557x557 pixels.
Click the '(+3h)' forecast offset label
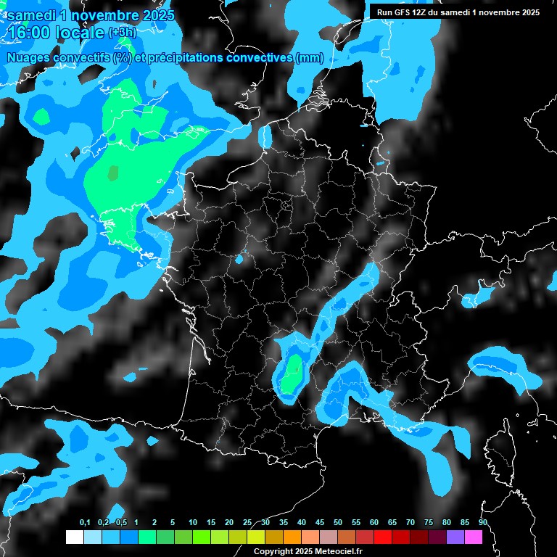pos(123,33)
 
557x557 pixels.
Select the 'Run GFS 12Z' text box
pos(458,12)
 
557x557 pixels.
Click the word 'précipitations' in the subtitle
pos(185,58)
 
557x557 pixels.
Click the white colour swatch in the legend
pos(74,537)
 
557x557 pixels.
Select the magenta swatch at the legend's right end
pos(474,537)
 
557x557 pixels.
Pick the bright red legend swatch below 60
pos(383,537)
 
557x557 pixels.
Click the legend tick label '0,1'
pos(85,523)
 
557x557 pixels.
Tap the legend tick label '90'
pos(482,523)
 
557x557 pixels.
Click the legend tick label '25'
pos(247,523)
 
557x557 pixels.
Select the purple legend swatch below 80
pos(455,537)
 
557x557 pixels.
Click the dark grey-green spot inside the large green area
pos(112,173)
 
